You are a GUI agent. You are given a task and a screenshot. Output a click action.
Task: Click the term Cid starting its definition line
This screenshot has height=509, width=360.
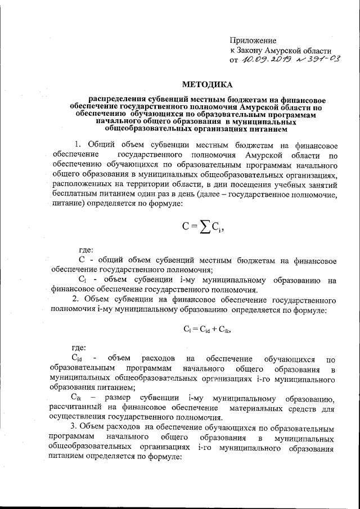[78, 358]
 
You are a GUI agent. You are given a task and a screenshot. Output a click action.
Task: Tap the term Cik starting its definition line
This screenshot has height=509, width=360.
[78, 398]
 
